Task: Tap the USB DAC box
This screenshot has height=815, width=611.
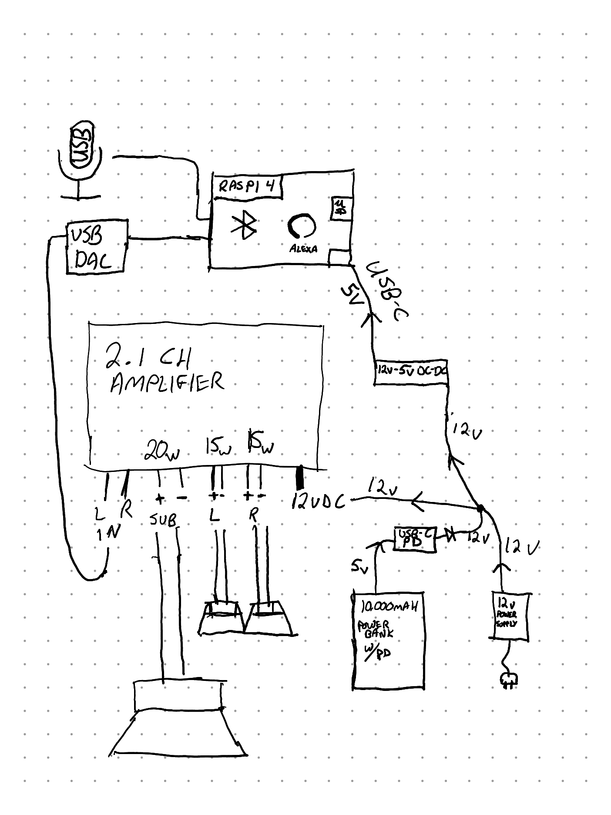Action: click(x=97, y=247)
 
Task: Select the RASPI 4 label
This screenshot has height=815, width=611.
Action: click(x=246, y=187)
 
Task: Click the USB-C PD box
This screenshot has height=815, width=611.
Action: click(x=415, y=540)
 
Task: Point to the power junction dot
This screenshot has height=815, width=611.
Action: click(x=480, y=508)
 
